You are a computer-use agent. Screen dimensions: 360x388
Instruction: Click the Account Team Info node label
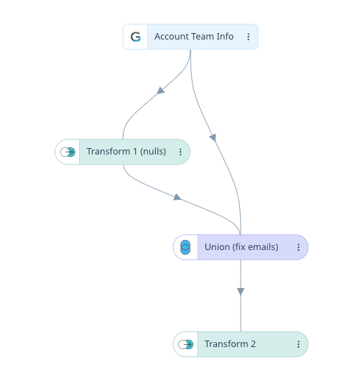tap(194, 37)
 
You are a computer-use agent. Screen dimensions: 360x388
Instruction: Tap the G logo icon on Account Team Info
tap(136, 37)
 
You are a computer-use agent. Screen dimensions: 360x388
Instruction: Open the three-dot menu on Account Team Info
tap(248, 37)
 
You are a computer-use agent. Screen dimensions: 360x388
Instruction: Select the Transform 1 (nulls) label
tap(126, 152)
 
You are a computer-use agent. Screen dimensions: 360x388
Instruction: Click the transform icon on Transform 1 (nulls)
tap(68, 152)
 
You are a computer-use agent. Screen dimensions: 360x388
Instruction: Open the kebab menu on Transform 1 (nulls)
tap(180, 152)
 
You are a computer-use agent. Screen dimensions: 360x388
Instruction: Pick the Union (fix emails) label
tap(241, 247)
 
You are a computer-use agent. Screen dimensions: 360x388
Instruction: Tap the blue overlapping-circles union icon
tap(185, 247)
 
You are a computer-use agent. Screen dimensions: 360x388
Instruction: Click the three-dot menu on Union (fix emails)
tap(298, 247)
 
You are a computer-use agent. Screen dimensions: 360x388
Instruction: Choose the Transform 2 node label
tap(230, 344)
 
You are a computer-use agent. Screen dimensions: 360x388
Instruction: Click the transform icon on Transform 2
tap(185, 344)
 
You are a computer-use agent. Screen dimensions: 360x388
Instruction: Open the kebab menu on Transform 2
tap(298, 344)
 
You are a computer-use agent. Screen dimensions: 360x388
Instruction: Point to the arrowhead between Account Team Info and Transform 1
tap(160, 91)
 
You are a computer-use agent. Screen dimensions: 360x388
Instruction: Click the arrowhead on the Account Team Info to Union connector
tap(213, 137)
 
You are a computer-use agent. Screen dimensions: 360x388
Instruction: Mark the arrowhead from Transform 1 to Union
tap(177, 197)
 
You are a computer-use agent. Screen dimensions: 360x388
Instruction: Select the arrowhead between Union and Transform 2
tap(241, 292)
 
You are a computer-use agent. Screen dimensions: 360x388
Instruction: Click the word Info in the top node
tap(225, 37)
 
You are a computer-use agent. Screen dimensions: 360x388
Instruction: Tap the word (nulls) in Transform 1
tap(153, 152)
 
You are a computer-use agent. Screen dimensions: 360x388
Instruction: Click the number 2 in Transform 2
tap(253, 344)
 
